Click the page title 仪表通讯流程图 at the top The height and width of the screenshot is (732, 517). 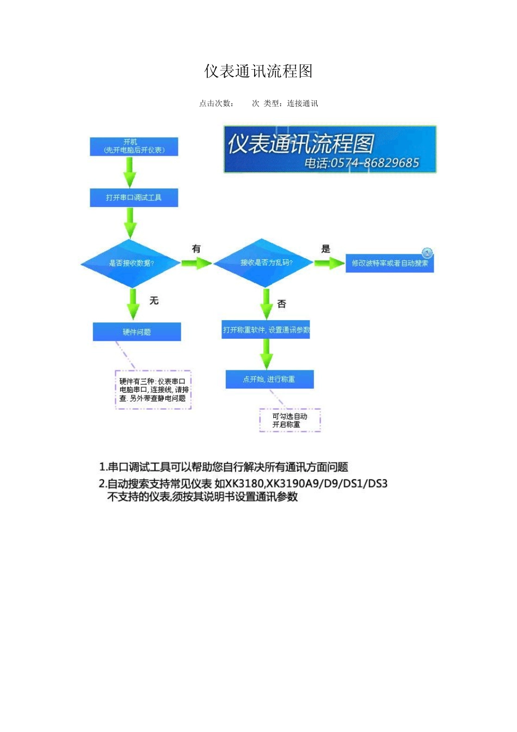(x=258, y=71)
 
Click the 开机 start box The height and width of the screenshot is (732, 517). (x=134, y=147)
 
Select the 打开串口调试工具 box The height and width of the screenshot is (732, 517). (x=134, y=198)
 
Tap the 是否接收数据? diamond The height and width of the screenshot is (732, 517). (x=131, y=263)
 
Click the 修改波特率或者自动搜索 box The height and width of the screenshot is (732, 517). (x=389, y=264)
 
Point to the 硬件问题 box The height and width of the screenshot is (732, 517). (x=137, y=332)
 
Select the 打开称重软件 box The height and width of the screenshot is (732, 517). (x=266, y=330)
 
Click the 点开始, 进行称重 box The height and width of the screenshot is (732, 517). (x=269, y=379)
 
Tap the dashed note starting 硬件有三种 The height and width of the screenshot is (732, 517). (x=153, y=390)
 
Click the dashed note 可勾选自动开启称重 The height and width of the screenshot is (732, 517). (x=290, y=420)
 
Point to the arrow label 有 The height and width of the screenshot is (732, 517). (x=196, y=249)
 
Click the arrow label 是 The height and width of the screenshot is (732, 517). (x=325, y=249)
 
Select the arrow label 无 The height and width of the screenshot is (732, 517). (x=154, y=301)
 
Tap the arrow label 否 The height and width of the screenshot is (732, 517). (x=281, y=304)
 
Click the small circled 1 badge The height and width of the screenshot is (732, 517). (x=427, y=253)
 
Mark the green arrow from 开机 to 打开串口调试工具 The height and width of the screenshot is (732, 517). (x=130, y=172)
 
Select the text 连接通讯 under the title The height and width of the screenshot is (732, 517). (x=303, y=103)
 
